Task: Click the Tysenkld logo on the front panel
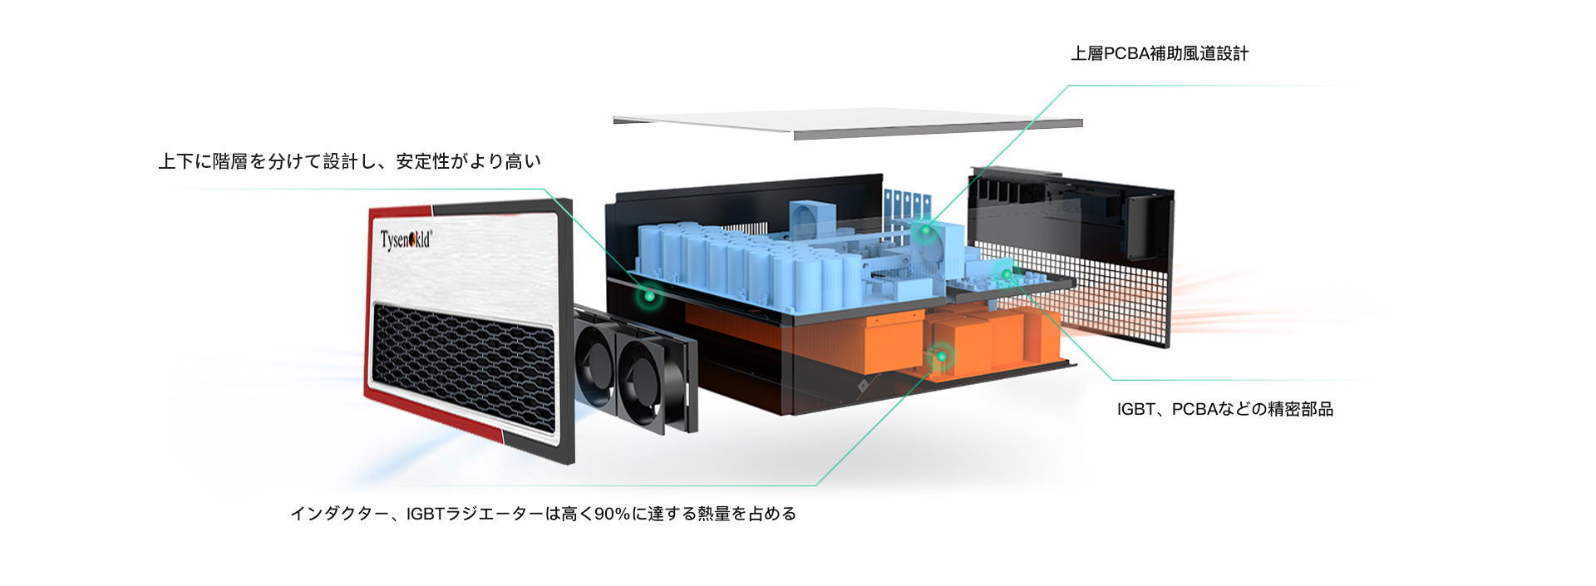(406, 240)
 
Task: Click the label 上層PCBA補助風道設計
(1160, 54)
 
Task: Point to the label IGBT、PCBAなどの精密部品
(1225, 409)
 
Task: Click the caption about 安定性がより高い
(350, 161)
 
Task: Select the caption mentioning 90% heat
(544, 514)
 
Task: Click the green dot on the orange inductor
(941, 357)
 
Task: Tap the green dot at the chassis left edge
(648, 295)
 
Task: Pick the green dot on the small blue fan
(924, 230)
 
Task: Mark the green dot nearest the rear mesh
(1006, 274)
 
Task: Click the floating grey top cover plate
(848, 124)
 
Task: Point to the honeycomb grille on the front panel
(464, 366)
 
